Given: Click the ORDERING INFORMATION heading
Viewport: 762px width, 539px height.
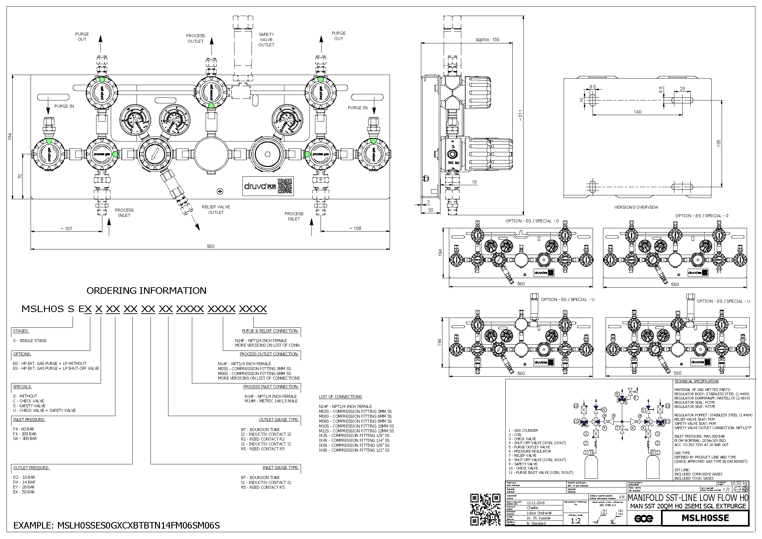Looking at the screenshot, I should [146, 291].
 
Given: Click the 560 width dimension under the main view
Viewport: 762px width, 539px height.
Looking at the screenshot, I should [210, 246].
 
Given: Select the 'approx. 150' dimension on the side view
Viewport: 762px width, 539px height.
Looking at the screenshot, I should [487, 39].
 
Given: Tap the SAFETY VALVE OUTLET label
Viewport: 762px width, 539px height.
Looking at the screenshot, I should [266, 39].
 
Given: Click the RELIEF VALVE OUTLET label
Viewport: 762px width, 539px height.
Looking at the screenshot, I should [216, 210].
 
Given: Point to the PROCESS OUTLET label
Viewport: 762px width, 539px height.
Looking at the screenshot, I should [195, 38].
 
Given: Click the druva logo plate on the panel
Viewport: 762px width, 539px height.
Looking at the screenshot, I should [268, 186].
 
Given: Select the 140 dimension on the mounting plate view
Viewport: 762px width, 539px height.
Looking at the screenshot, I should [638, 112].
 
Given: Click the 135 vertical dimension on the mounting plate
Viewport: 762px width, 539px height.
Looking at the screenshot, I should [719, 143].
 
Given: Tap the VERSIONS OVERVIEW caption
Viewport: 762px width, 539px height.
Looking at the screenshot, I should [636, 207].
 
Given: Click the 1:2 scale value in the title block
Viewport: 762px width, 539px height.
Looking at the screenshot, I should [575, 521].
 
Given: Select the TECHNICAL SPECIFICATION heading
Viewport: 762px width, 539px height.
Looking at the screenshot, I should [696, 381].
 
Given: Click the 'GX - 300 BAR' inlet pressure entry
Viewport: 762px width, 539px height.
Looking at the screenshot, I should [25, 439].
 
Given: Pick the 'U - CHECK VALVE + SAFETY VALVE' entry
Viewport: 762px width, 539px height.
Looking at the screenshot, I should [44, 411].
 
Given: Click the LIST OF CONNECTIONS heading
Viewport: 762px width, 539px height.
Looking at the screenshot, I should [340, 397].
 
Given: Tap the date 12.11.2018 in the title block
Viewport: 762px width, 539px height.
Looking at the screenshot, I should [536, 503].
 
